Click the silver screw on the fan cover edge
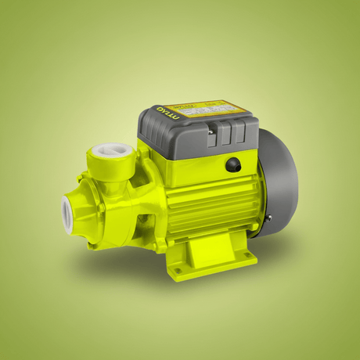click(267, 218)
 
